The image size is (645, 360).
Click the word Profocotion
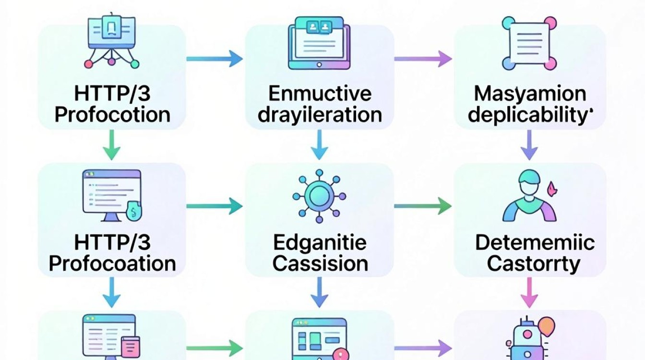pos(112,115)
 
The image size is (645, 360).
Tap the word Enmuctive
pos(320,94)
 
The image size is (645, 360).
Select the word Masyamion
pos(530,94)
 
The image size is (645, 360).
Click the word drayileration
pos(320,115)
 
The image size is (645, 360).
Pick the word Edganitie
pos(320,243)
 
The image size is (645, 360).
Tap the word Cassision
pos(320,264)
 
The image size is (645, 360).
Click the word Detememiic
pos(535,242)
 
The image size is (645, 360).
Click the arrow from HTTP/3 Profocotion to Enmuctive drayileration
pos(215,59)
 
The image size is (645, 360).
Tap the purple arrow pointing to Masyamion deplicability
pos(423,59)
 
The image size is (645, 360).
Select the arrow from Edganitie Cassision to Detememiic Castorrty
pos(423,206)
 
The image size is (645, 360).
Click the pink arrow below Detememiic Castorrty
pos(529,292)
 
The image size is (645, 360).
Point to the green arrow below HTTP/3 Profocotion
pos(112,145)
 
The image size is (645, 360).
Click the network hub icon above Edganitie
pos(319,196)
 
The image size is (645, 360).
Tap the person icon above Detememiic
pos(529,196)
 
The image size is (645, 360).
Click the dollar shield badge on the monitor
pos(133,211)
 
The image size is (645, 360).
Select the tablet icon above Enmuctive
pos(319,43)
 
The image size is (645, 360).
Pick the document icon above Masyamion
pos(529,43)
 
